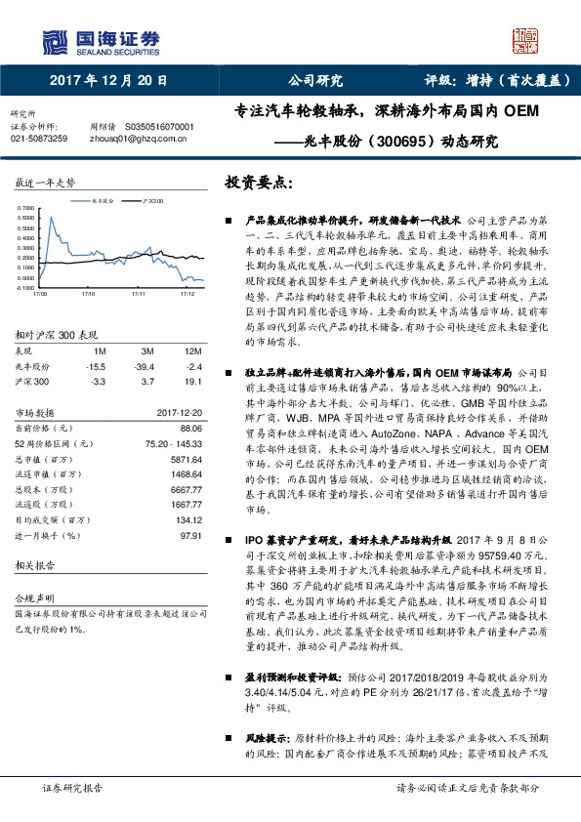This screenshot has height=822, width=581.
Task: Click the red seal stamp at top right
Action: [525, 44]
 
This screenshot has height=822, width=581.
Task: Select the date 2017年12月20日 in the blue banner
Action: [108, 81]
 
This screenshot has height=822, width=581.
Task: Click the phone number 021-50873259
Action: [39, 140]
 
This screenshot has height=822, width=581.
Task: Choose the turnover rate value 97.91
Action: [188, 536]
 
